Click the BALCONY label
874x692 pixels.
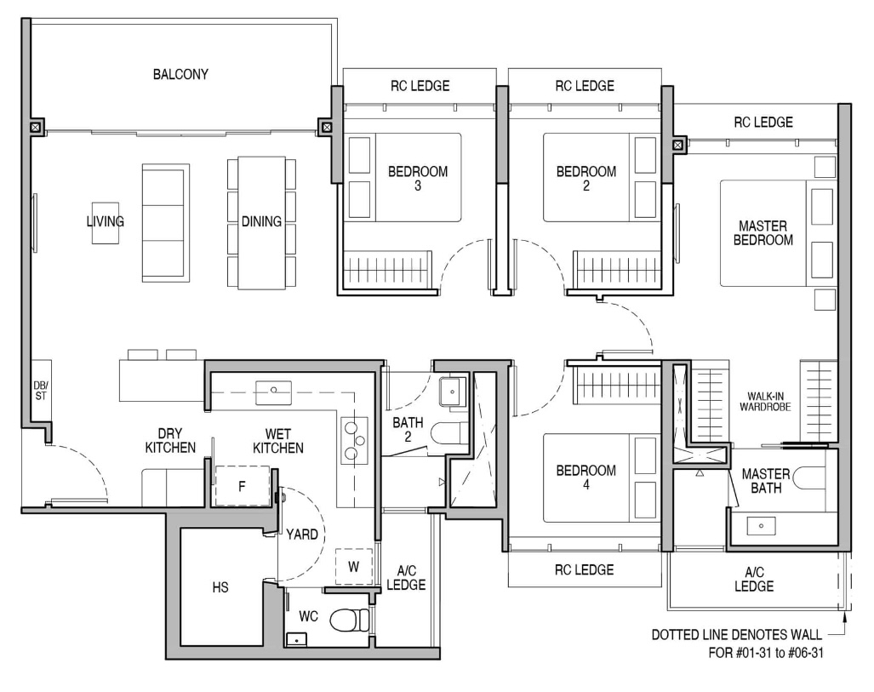coord(180,74)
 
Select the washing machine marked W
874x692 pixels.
coord(353,567)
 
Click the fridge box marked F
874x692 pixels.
coord(242,486)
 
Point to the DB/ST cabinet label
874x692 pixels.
coord(41,391)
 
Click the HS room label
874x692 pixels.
coord(220,587)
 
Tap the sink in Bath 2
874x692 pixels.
coord(452,392)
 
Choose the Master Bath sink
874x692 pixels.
coord(762,526)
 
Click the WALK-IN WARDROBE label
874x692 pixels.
coord(765,402)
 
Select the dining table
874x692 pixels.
coord(261,223)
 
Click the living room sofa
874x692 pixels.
coord(166,223)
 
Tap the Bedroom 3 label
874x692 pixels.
coord(418,179)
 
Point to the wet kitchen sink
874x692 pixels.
coord(273,392)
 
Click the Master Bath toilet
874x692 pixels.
coord(808,478)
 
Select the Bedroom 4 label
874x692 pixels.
coord(586,478)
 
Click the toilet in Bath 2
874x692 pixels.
coord(450,433)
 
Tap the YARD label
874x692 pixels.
coord(302,535)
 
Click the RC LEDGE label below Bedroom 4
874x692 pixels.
coord(584,570)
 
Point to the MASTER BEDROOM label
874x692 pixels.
coord(763,233)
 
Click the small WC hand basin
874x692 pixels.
coord(296,639)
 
